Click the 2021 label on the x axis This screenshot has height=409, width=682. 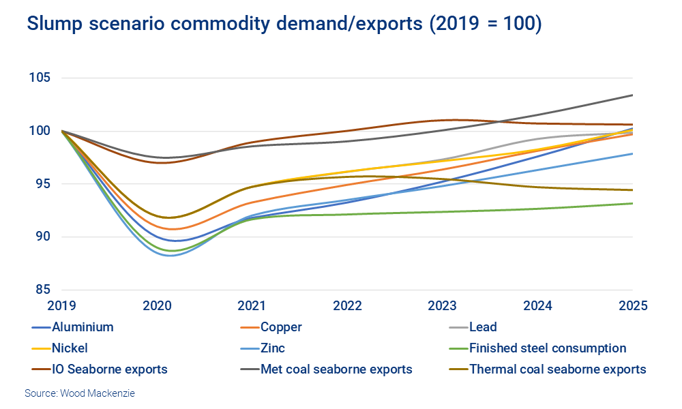[252, 306]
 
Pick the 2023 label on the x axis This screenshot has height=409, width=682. [442, 306]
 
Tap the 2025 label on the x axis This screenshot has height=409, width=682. [632, 306]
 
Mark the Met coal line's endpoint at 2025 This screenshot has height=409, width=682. [632, 95]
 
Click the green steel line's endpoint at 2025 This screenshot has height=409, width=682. [632, 203]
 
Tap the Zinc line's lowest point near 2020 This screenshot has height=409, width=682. [168, 255]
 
